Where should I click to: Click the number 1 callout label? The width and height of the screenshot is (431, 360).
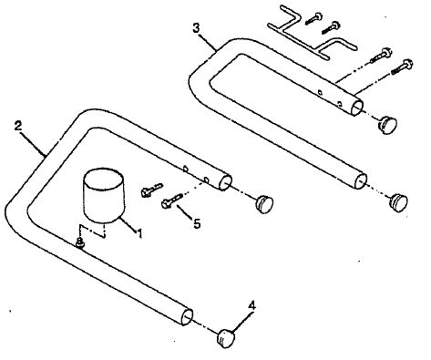click(139, 233)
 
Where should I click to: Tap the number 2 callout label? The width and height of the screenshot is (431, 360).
click(18, 125)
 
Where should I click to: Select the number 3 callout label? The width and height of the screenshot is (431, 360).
click(197, 27)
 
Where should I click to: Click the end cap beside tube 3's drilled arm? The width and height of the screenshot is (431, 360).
click(389, 122)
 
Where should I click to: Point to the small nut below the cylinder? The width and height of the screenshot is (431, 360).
click(81, 242)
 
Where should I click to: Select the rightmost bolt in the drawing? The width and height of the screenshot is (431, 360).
click(402, 66)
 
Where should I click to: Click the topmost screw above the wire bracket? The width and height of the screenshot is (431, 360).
click(315, 14)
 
